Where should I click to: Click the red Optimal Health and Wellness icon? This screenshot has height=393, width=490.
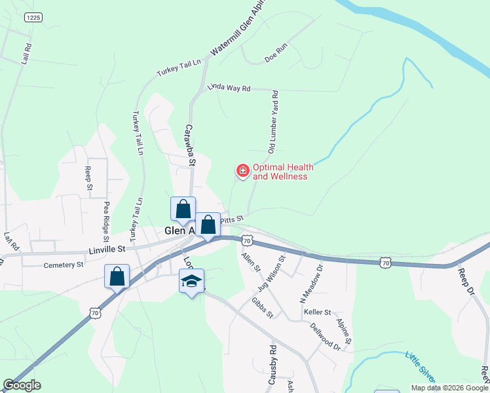[x=242, y=171]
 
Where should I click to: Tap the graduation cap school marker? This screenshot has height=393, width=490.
[x=191, y=282]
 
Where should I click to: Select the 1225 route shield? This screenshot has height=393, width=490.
[x=33, y=18]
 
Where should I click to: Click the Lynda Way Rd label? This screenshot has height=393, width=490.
[x=229, y=88]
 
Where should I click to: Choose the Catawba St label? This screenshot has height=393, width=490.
[x=190, y=145]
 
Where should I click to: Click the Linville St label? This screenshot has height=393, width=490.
[x=107, y=250]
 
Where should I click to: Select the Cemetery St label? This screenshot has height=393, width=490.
[x=64, y=265]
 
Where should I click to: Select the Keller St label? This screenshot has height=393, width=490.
[x=318, y=312]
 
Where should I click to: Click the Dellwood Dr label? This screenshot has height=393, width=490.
[x=325, y=337]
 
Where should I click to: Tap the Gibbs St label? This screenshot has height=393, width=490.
[x=262, y=307]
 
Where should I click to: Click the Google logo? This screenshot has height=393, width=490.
[x=22, y=385]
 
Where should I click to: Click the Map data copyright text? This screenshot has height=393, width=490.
[x=449, y=388]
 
